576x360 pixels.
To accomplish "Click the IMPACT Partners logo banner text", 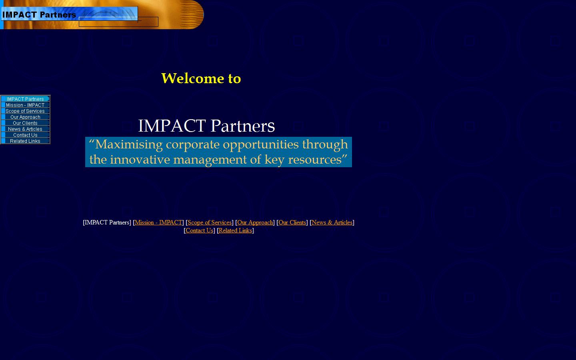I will coord(39,15).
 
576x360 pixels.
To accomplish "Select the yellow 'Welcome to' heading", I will coord(201,78).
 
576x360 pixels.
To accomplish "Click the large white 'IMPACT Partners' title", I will coord(206,126).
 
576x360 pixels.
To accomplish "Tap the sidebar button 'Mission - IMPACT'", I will coord(25,105).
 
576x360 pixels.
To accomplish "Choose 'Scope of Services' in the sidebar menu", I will coord(25,111).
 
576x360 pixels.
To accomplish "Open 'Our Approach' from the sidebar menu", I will coord(25,117).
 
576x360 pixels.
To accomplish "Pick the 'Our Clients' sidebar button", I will coord(25,123).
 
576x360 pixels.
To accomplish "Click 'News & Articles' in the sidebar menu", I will coord(25,129).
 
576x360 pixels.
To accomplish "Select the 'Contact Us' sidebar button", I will coord(25,135).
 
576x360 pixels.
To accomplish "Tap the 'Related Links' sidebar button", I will coord(25,141).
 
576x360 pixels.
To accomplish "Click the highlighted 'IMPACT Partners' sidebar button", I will coord(25,99).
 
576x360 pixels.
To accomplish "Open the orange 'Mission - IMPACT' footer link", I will coord(158,222).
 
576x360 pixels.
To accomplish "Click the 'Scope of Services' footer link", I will coord(210,222).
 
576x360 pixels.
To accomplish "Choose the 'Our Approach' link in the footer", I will coord(255,222).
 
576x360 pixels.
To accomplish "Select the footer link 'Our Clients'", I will coord(292,222).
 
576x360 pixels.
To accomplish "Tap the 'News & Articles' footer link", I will coord(332,222).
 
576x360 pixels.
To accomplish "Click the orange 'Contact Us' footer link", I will coord(199,230).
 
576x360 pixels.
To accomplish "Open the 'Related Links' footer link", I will coord(235,230).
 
